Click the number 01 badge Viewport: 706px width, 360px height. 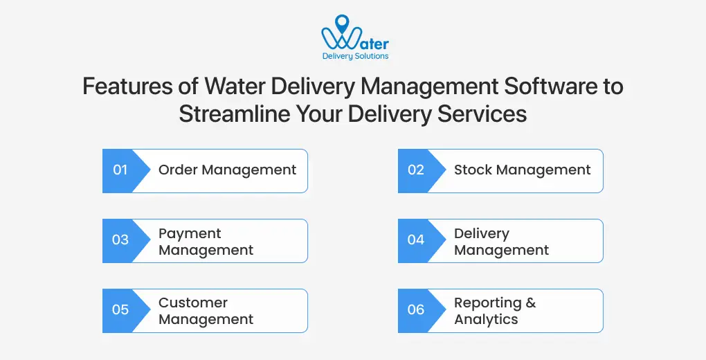pos(120,170)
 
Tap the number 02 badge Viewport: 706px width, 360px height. pos(416,170)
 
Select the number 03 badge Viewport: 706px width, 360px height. pos(120,240)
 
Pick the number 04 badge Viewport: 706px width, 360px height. pos(416,240)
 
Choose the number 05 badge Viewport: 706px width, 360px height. pos(120,310)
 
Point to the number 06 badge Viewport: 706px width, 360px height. pos(416,310)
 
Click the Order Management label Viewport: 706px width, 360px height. pos(227,170)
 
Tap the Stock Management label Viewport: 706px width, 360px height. pos(522,170)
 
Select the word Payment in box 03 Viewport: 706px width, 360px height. pos(190,233)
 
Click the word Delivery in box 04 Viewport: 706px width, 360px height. pos(481,233)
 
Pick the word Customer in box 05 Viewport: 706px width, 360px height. pos(193,303)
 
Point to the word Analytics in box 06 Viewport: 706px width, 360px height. pos(486,319)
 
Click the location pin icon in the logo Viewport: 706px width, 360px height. pos(341,23)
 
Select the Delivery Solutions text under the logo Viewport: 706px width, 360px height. pos(355,56)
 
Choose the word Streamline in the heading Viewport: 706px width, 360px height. pos(224,114)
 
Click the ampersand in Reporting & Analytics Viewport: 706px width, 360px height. pos(530,303)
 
